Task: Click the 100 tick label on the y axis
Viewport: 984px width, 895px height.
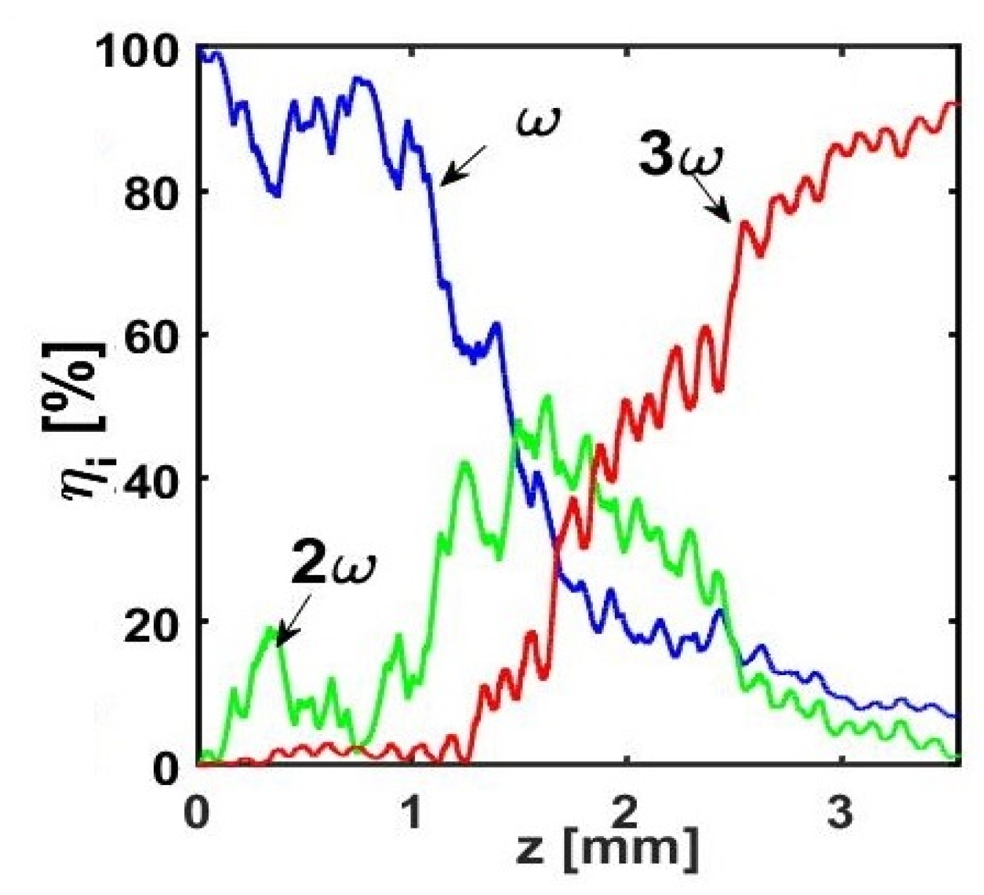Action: pos(142,50)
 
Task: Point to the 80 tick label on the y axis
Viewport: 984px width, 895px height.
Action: pos(154,192)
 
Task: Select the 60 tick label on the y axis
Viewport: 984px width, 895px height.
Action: pos(154,335)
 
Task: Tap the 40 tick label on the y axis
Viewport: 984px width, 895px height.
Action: pos(154,479)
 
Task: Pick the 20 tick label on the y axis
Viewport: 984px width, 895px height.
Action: pos(154,621)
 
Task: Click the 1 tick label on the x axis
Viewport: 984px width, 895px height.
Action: pos(411,813)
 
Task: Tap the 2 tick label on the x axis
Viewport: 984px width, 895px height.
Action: pos(625,813)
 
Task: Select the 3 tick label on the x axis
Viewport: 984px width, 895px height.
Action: pos(839,813)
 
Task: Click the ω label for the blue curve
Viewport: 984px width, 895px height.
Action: pos(538,121)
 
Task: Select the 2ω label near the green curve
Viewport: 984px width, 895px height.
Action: pos(333,563)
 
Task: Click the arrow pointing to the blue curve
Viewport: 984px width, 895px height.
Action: pos(464,165)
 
